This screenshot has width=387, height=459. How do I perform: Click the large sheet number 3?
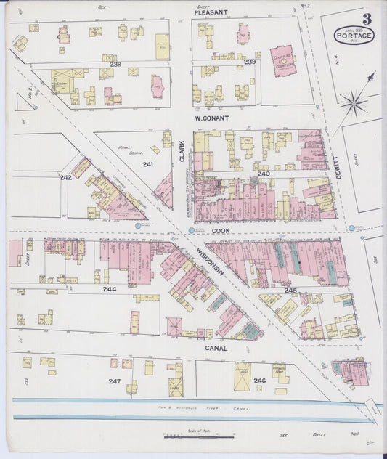pos(367,18)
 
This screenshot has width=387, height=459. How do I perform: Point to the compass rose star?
pos(354,102)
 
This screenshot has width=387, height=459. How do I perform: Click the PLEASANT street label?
pos(211,12)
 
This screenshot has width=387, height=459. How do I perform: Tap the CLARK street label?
pos(182,150)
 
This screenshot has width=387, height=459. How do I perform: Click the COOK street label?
pos(221,229)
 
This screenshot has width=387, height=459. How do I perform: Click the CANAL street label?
pos(216,348)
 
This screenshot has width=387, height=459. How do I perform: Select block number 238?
pos(115,64)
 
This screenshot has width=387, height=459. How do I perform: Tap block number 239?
pos(250,63)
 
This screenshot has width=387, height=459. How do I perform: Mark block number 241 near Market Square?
pos(148,164)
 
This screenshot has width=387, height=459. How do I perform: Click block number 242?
pos(65,176)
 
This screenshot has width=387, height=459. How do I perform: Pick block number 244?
pos(109,288)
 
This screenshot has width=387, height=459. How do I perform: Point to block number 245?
pos(290,290)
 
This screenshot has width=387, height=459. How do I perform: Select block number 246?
pos(259,381)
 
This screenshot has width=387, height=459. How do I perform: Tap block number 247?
pos(114,381)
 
